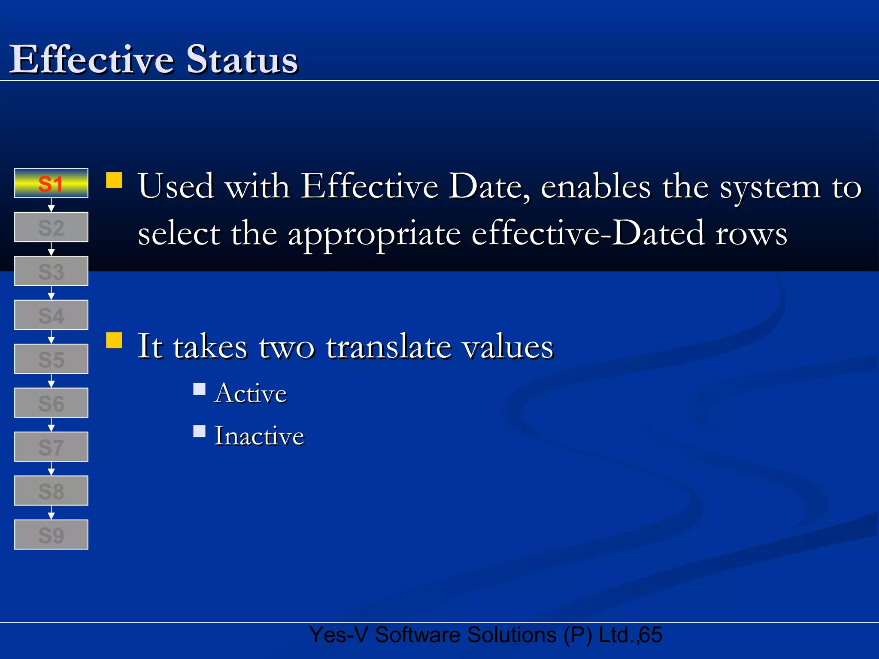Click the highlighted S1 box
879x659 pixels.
pyautogui.click(x=51, y=183)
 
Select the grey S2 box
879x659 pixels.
pyautogui.click(x=51, y=227)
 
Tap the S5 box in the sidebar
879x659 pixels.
pyautogui.click(x=51, y=359)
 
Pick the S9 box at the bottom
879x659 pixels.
pyautogui.click(x=51, y=535)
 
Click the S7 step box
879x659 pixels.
pyautogui.click(x=51, y=447)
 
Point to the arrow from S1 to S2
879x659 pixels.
pyautogui.click(x=51, y=205)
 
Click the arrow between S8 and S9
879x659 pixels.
pyautogui.click(x=51, y=513)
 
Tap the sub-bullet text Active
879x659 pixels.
pyautogui.click(x=251, y=393)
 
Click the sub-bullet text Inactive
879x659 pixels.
pyautogui.click(x=259, y=436)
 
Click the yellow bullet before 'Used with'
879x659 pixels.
pyautogui.click(x=114, y=180)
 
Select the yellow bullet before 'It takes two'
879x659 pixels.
pyautogui.click(x=114, y=340)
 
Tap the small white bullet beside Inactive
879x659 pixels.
pyautogui.click(x=199, y=431)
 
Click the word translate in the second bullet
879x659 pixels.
pyautogui.click(x=388, y=347)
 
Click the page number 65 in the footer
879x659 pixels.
pyautogui.click(x=651, y=635)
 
